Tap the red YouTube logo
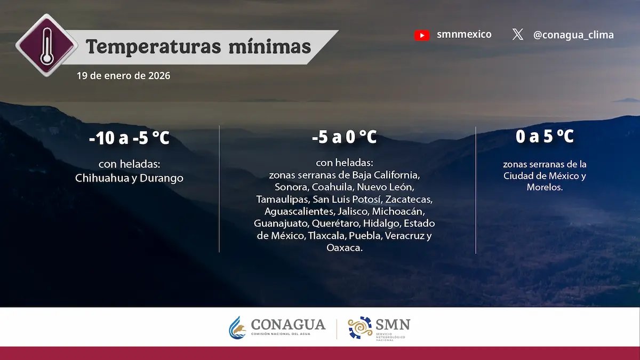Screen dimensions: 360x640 coord(422,35)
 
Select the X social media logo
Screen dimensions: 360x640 coord(517,35)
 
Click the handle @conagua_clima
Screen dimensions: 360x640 coord(573,35)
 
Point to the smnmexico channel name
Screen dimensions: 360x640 coord(464,35)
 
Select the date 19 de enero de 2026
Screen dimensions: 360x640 coord(123,76)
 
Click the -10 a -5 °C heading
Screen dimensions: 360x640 coord(129,139)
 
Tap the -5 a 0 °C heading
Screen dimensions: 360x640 coord(345,138)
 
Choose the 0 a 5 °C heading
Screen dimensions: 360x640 coord(545,137)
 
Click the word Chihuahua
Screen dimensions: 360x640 coord(102,178)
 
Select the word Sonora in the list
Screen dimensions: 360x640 coord(292,187)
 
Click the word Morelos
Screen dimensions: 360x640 coord(544,188)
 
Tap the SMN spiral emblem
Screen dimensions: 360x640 coord(361,327)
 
